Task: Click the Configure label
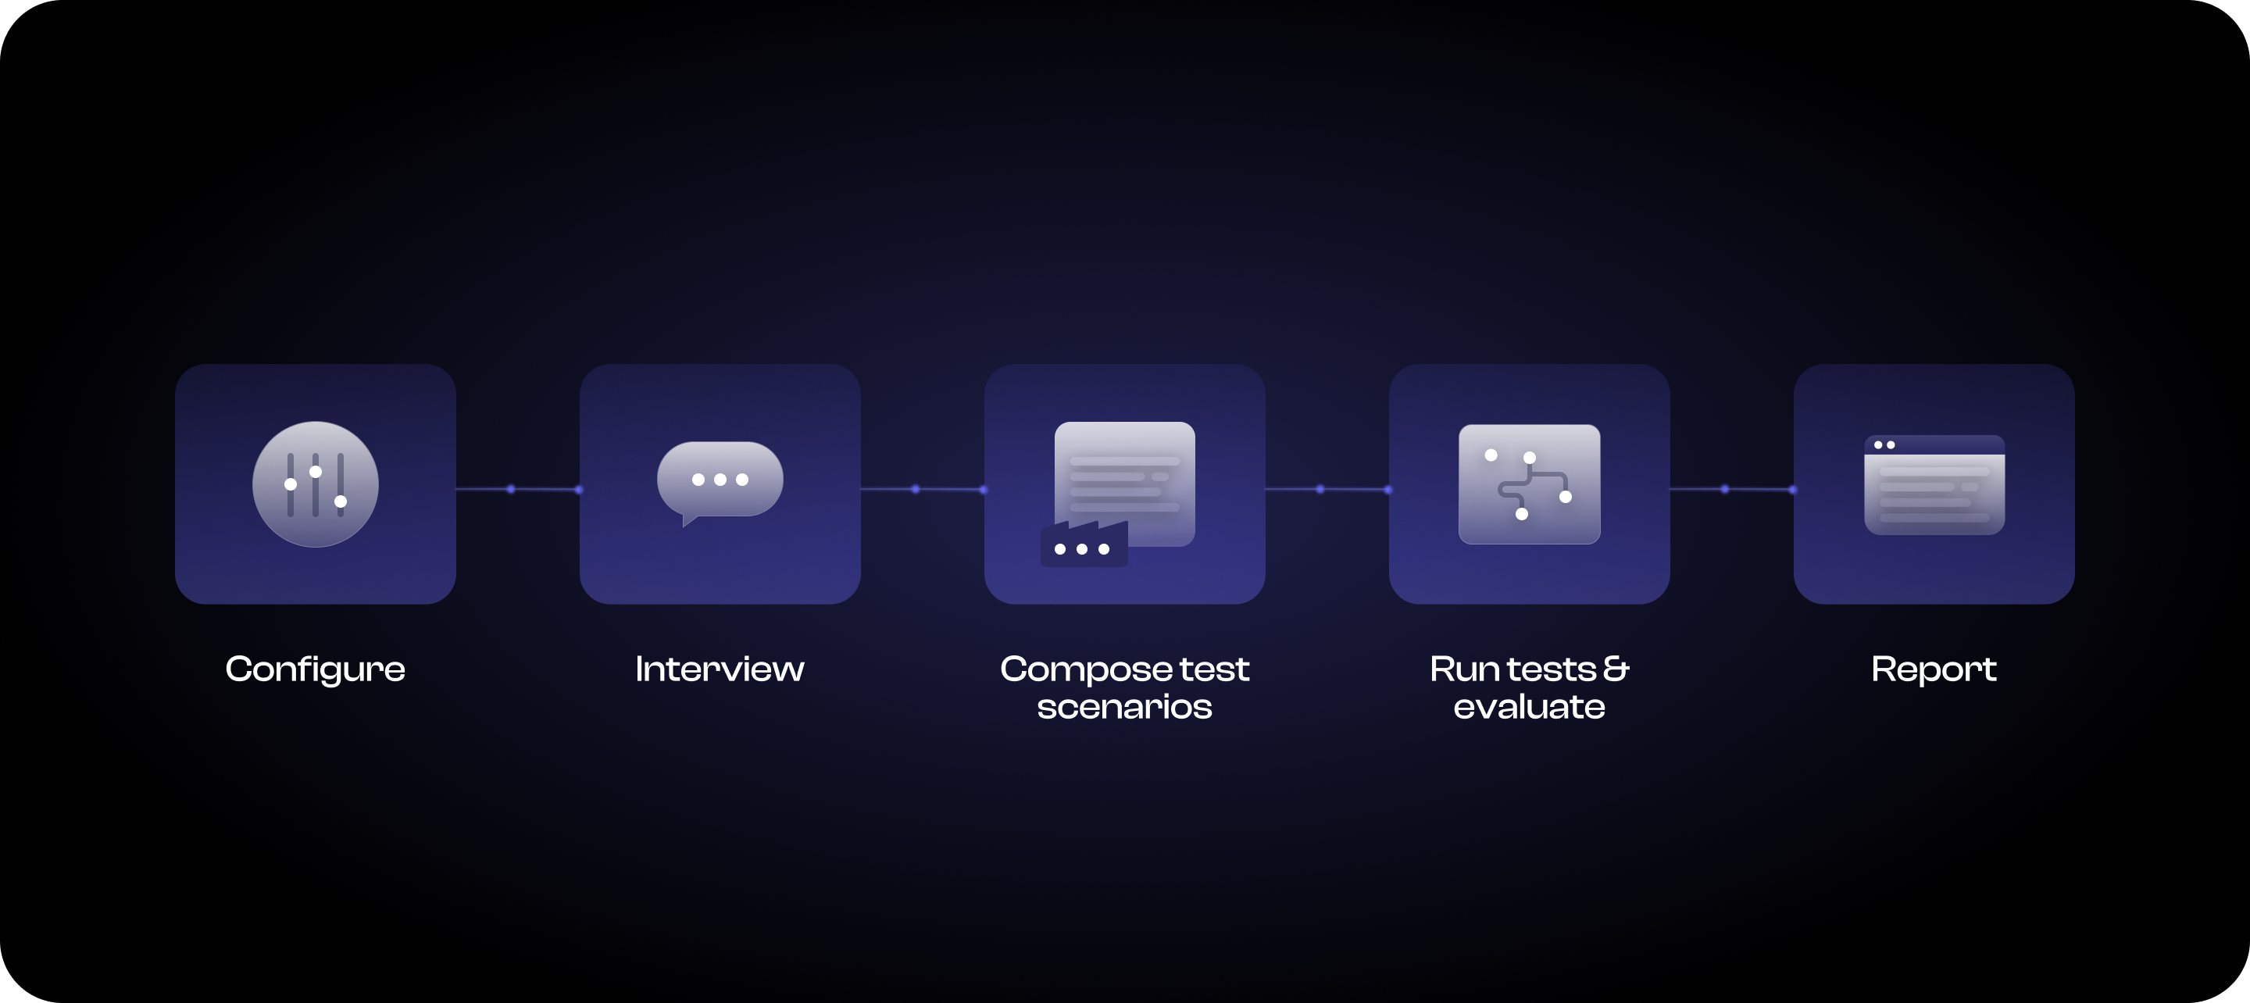point(316,670)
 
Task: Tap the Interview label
point(720,669)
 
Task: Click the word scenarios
point(1124,707)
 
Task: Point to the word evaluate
point(1529,707)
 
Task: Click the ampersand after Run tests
point(1616,669)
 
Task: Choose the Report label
point(1934,670)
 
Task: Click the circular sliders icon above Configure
point(316,484)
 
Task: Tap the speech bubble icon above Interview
point(720,484)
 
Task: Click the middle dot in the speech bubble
point(720,480)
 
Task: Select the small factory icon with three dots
point(1084,544)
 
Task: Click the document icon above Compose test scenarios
point(1125,484)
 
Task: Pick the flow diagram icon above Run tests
point(1530,484)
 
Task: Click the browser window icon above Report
point(1934,485)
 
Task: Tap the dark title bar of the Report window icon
point(1934,444)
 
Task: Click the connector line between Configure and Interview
point(517,489)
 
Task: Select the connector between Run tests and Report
point(1732,489)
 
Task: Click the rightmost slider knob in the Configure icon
point(341,501)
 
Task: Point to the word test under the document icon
point(1214,669)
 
